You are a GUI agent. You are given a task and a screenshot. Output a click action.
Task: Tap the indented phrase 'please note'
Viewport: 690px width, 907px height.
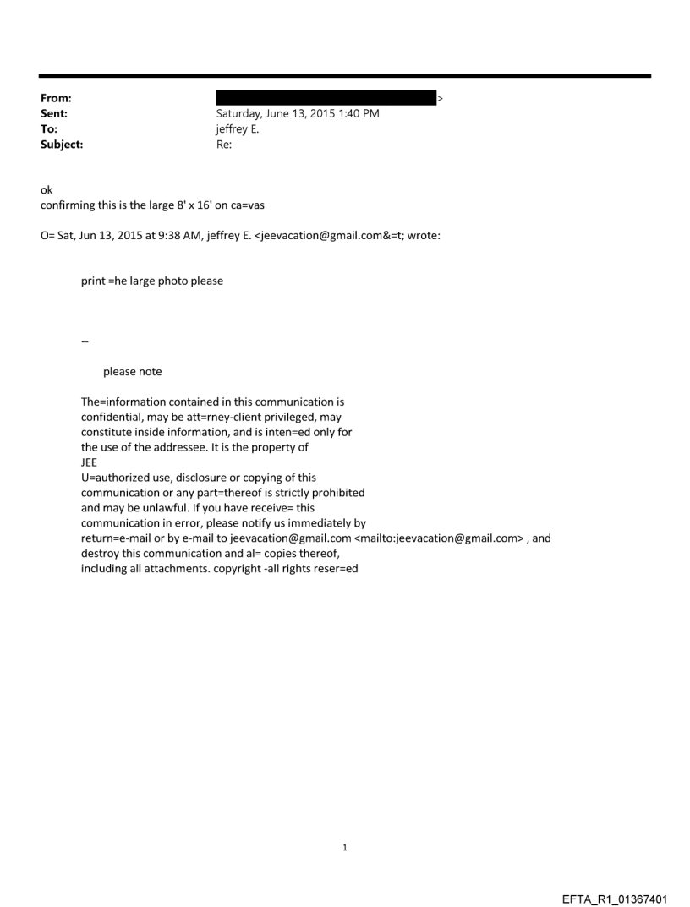point(132,371)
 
